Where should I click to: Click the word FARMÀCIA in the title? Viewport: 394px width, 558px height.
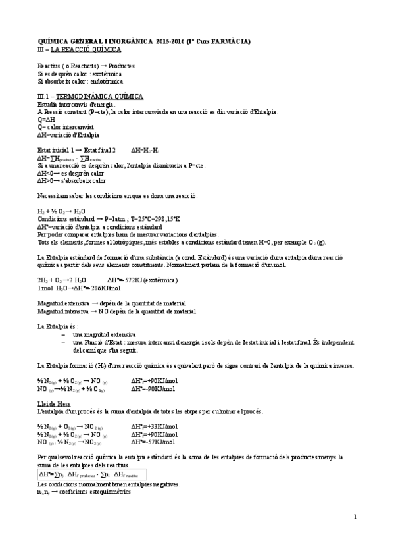pyautogui.click(x=228, y=42)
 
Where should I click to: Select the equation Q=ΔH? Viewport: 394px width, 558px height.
pyautogui.click(x=45, y=119)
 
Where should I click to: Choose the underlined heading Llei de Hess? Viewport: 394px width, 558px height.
pyautogui.click(x=55, y=403)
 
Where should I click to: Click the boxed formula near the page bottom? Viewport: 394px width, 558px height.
pyautogui.click(x=91, y=474)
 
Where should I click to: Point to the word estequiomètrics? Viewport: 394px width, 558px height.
pyautogui.click(x=99, y=491)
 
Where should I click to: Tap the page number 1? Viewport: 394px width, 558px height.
pyautogui.click(x=355, y=516)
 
